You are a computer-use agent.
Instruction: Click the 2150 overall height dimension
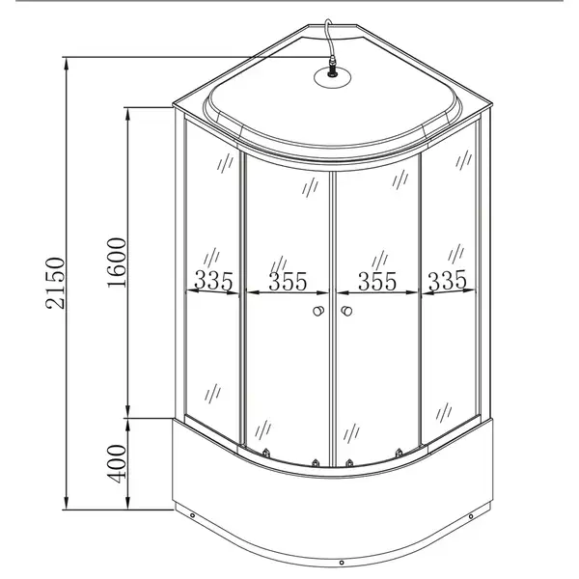click(55, 283)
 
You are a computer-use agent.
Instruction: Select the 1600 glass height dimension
click(117, 262)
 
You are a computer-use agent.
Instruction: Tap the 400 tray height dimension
click(117, 464)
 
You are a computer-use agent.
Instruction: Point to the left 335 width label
click(213, 281)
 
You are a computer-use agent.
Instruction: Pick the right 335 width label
click(447, 280)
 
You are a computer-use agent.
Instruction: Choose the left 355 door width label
click(288, 282)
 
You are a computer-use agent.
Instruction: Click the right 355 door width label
click(377, 282)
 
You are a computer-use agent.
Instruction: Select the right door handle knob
click(346, 311)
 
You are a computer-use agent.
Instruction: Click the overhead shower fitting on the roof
click(332, 68)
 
